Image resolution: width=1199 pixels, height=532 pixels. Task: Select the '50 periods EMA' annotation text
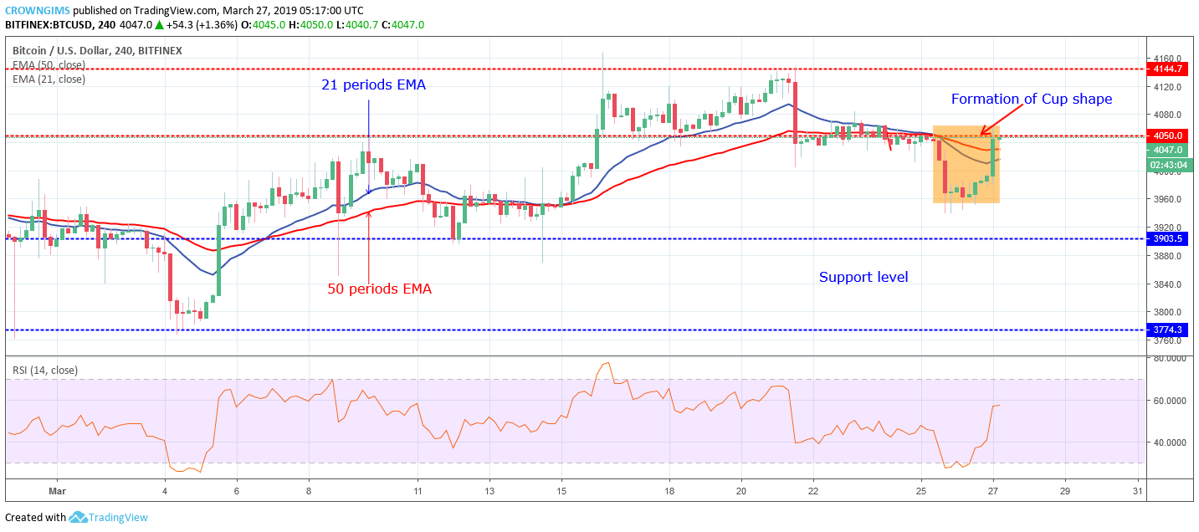[379, 289]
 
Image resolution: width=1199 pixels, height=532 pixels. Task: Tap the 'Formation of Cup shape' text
[1032, 99]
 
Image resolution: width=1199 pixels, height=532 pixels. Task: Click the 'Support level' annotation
[863, 277]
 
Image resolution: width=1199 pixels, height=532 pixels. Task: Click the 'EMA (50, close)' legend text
[49, 64]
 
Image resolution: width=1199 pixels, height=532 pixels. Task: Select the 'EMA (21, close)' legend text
[49, 79]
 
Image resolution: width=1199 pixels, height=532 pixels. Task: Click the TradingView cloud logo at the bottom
[78, 517]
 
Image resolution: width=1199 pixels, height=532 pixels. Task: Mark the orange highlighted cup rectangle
[966, 165]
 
